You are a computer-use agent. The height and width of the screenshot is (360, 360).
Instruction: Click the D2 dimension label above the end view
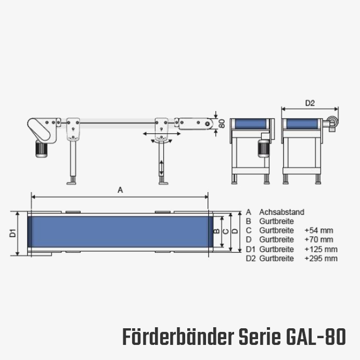(310, 104)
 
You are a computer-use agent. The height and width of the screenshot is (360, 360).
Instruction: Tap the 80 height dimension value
(222, 123)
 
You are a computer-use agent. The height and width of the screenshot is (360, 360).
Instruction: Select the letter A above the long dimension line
(120, 190)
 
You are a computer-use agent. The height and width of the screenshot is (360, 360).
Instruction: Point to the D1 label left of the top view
(13, 233)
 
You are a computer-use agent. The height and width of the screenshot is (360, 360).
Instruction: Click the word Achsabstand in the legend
(281, 212)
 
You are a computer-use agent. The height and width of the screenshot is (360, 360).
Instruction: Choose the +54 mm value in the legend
(319, 230)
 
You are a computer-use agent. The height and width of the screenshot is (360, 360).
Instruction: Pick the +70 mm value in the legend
(319, 239)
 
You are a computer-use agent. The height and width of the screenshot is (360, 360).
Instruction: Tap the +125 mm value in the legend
(321, 249)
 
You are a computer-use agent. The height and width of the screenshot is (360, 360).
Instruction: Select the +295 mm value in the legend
(321, 258)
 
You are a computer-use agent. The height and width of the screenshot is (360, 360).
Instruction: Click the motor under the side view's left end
(42, 149)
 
